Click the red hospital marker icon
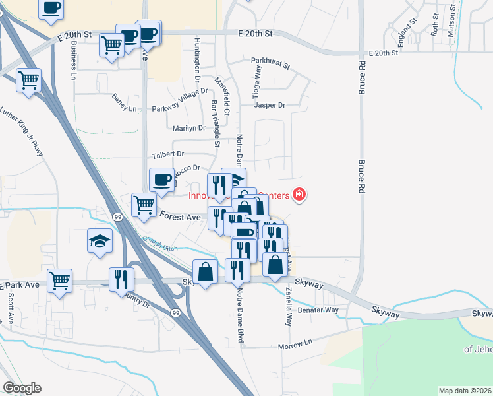pos(299,195)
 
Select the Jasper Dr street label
pos(270,105)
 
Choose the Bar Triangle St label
pos(215,123)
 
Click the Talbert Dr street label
pos(167,154)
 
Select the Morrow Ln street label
pos(294,345)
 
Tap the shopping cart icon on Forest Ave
pos(144,204)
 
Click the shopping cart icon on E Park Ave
pos(60,280)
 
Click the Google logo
pos(22,388)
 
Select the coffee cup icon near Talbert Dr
pos(162,178)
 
